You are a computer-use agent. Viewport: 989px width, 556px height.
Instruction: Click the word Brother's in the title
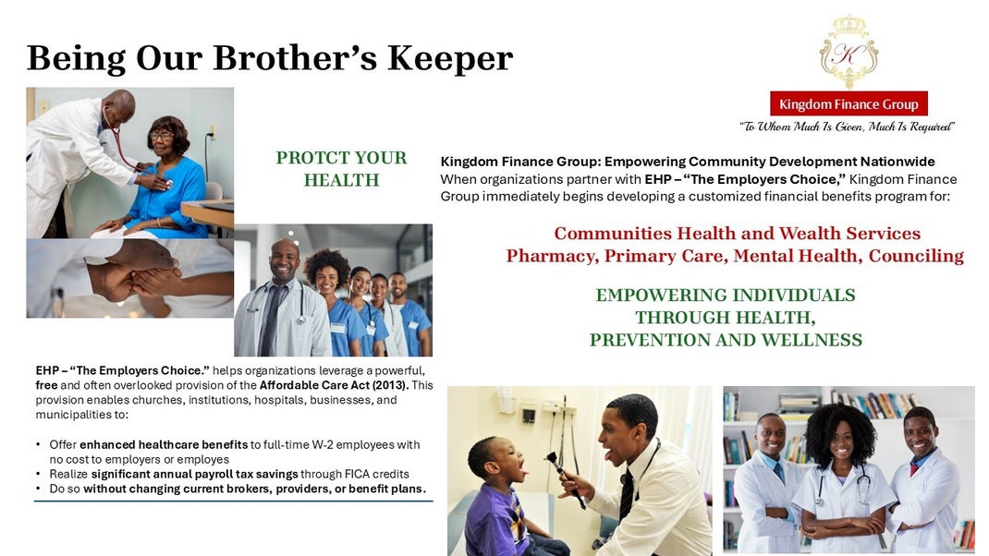pos(295,57)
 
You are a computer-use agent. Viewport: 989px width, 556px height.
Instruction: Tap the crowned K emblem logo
pos(849,53)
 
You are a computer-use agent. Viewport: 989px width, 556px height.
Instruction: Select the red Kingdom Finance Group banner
pos(849,104)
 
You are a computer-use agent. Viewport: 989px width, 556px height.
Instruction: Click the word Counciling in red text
pos(916,256)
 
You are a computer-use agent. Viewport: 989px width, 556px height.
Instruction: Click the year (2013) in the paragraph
pos(390,385)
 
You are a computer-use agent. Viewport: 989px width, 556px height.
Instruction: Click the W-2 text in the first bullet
pos(323,445)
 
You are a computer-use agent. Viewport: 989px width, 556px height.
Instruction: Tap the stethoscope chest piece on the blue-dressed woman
pos(168,183)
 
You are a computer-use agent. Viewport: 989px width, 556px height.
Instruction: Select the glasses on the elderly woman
pos(162,135)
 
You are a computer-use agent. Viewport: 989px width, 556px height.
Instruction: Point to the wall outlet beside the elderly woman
pos(214,131)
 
